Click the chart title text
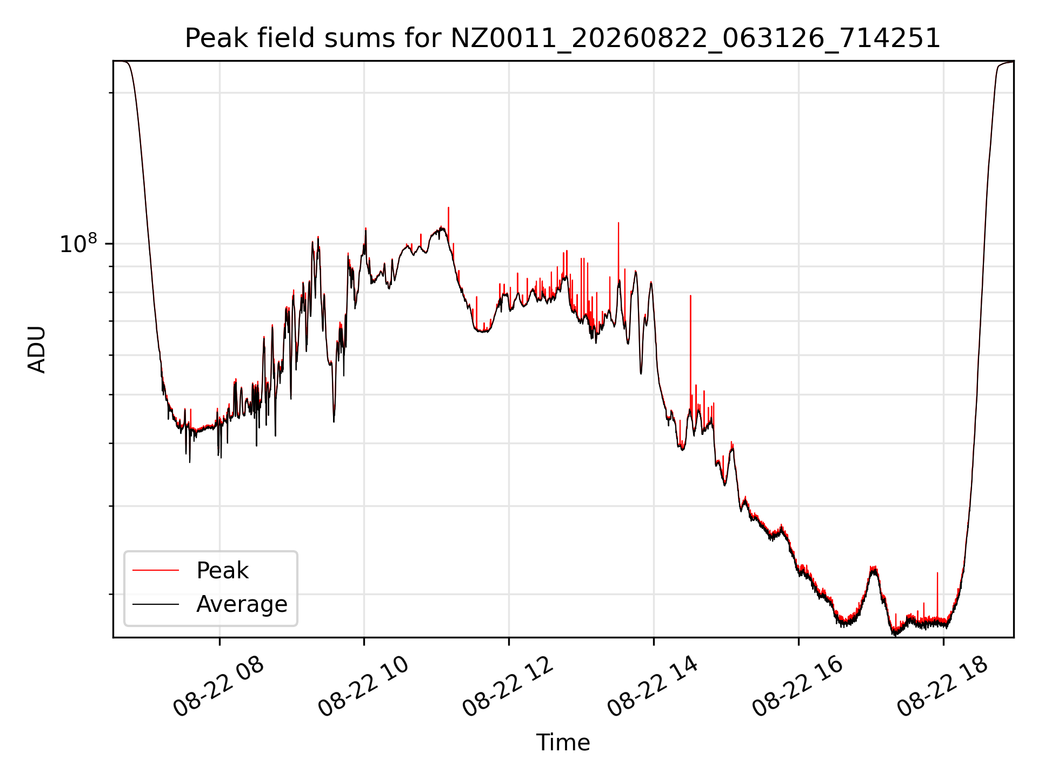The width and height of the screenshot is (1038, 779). click(563, 38)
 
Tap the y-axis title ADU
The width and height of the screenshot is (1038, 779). click(37, 349)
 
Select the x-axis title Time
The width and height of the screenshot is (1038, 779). click(563, 742)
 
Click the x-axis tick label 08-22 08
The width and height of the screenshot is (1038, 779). click(218, 687)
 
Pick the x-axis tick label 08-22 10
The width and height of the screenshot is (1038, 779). click(363, 687)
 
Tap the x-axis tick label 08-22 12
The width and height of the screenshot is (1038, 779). click(508, 687)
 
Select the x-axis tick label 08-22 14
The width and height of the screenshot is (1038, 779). click(653, 687)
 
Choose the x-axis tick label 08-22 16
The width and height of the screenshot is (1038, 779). click(798, 687)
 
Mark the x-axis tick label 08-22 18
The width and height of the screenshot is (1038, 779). click(943, 687)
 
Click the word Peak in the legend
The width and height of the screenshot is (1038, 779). click(222, 571)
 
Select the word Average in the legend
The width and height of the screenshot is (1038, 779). click(242, 604)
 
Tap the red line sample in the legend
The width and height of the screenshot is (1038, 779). click(156, 570)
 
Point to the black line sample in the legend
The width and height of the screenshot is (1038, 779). click(156, 604)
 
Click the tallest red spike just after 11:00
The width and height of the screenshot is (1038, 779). click(448, 208)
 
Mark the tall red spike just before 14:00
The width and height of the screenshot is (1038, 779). click(618, 223)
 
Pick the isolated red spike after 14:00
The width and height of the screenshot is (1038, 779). click(690, 296)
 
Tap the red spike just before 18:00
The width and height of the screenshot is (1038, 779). click(937, 573)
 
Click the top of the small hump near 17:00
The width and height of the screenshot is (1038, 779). click(873, 567)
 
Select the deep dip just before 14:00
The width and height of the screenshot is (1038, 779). click(641, 373)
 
